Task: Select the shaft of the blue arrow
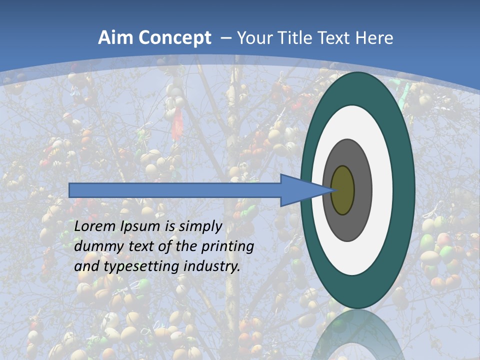[x=175, y=190]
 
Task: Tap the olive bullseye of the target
[x=343, y=190]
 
